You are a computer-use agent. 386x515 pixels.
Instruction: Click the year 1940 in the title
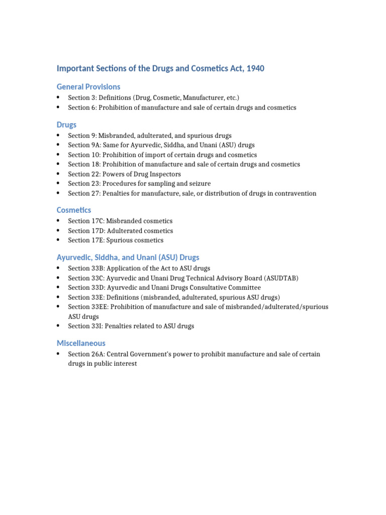(254, 68)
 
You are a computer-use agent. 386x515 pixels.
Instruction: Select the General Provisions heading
(88, 87)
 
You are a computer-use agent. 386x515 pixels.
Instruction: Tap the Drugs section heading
(66, 124)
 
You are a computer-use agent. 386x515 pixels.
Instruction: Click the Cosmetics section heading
(74, 210)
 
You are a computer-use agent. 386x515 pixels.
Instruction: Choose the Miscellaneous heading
(81, 343)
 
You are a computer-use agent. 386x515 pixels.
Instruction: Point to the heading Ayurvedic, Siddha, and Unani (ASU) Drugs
(128, 257)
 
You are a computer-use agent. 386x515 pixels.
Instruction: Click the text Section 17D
(84, 231)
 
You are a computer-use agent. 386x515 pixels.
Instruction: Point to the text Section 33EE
(86, 307)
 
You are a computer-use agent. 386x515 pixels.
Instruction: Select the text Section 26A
(84, 354)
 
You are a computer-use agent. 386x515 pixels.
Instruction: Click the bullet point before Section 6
(59, 108)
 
